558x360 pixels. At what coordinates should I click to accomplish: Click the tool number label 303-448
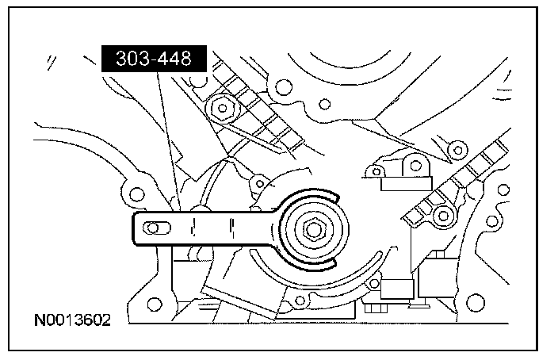(x=155, y=58)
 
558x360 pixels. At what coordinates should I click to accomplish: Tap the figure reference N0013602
(x=71, y=321)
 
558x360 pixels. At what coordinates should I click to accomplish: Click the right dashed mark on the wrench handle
(x=231, y=228)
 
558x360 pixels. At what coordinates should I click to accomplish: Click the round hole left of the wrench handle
(x=136, y=193)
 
